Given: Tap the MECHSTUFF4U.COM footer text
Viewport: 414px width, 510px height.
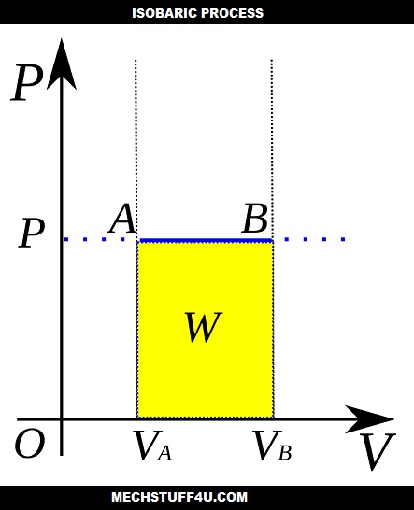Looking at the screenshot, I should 207,497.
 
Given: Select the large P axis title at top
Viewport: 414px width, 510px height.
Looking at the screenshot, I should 28,85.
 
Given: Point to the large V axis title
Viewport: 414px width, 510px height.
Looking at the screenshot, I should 377,452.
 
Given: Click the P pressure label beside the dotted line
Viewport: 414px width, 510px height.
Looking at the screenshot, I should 31,234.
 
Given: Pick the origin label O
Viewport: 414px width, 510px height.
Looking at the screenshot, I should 29,445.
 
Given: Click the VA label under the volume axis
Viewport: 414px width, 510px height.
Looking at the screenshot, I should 149,447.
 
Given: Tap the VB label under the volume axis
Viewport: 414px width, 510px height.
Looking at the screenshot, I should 272,447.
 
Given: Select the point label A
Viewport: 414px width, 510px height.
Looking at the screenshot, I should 122,220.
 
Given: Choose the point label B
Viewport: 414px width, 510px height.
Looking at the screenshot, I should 254,220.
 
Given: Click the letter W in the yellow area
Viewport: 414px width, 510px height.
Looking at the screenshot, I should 203,328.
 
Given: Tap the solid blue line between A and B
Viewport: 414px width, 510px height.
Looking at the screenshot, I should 205,240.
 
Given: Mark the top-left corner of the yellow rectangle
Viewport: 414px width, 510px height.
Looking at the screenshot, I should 138,242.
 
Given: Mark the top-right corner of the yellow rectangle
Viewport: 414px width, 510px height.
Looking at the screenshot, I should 272,242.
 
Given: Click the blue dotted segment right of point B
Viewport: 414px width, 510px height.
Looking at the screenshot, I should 314,240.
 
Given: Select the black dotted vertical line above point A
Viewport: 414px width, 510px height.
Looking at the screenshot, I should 136,140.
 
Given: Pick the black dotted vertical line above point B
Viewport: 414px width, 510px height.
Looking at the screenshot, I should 271,140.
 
